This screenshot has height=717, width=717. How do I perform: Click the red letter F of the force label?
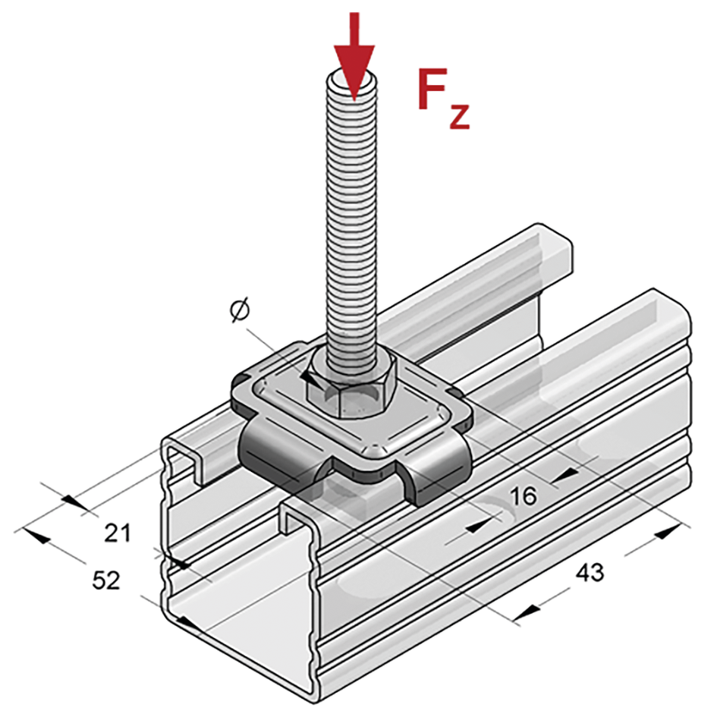click(x=432, y=89)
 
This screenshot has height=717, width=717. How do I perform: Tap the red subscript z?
click(x=459, y=116)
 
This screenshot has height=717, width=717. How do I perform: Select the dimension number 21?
click(x=118, y=533)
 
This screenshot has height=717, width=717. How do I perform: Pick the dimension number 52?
click(x=106, y=580)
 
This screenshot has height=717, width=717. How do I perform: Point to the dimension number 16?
click(x=524, y=495)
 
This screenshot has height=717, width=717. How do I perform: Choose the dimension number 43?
click(x=590, y=572)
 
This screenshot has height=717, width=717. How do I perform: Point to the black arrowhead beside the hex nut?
click(x=311, y=379)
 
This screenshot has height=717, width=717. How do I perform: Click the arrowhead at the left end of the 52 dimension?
click(x=36, y=536)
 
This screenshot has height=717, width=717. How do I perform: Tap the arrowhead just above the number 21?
click(x=73, y=502)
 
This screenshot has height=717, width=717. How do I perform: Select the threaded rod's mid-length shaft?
click(x=352, y=219)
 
